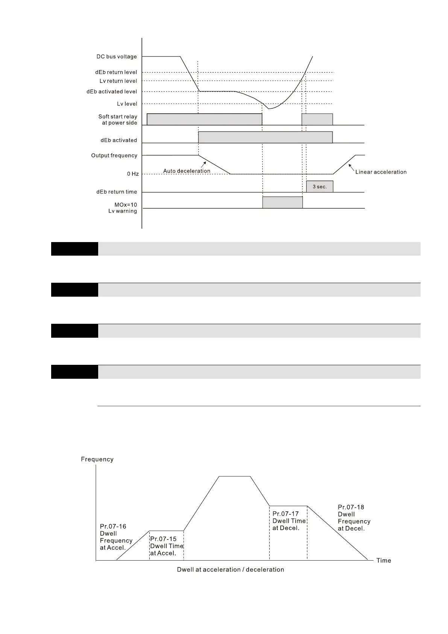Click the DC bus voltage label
click(117, 57)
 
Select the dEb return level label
click(116, 72)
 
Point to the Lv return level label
click(118, 81)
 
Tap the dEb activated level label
click(112, 91)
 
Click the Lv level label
click(127, 104)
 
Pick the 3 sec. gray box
click(319, 187)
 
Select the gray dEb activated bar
click(265, 137)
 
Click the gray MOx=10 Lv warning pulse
click(282, 202)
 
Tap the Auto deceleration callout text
click(187, 171)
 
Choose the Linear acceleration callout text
click(381, 172)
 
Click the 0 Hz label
click(133, 174)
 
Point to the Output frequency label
click(114, 155)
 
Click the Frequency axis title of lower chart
click(97, 459)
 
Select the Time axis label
click(384, 561)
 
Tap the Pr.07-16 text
click(113, 526)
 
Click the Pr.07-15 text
click(163, 539)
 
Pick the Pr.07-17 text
click(286, 514)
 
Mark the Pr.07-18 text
click(351, 507)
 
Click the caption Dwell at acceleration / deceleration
click(230, 570)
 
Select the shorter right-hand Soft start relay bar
click(317, 119)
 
